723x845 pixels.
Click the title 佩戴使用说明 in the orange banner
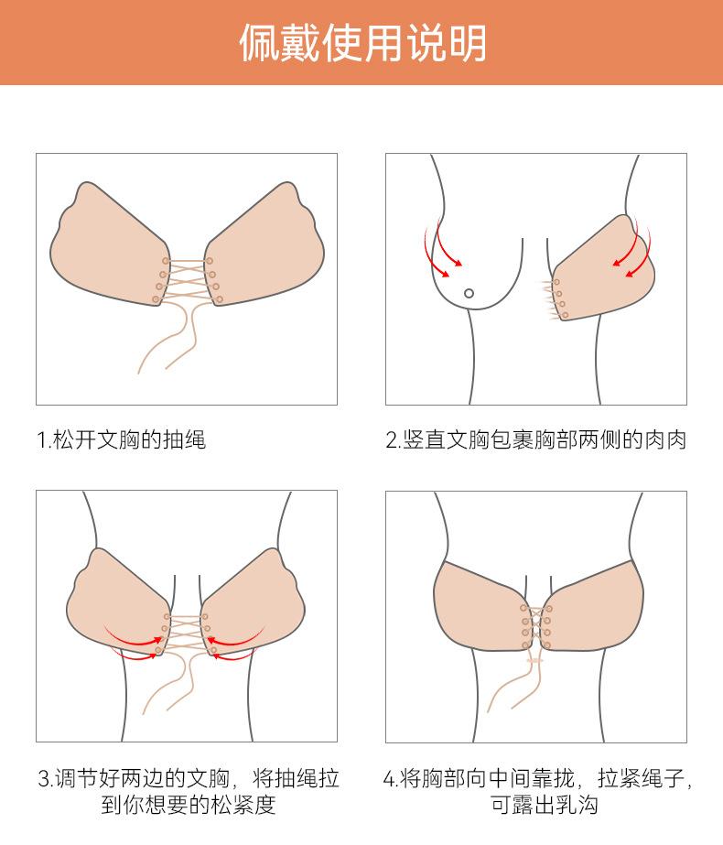(362, 43)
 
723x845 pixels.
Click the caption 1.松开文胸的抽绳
(122, 439)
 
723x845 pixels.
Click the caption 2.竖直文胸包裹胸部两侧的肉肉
(536, 439)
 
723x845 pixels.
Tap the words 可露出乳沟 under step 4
(545, 805)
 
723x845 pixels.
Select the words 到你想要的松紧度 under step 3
(188, 805)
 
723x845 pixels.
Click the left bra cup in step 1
(111, 247)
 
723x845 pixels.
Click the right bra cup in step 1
(264, 247)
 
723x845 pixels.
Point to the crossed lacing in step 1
(188, 280)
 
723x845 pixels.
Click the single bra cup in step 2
(603, 269)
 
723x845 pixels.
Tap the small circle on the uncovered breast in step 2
(469, 293)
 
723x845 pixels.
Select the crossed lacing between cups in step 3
(186, 634)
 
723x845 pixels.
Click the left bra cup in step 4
(480, 606)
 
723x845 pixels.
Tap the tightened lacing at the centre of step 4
(536, 627)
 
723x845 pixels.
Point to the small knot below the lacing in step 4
(535, 660)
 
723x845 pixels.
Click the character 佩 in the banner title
(259, 43)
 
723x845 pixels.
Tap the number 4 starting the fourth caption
(388, 779)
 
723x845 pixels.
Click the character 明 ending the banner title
(467, 43)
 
